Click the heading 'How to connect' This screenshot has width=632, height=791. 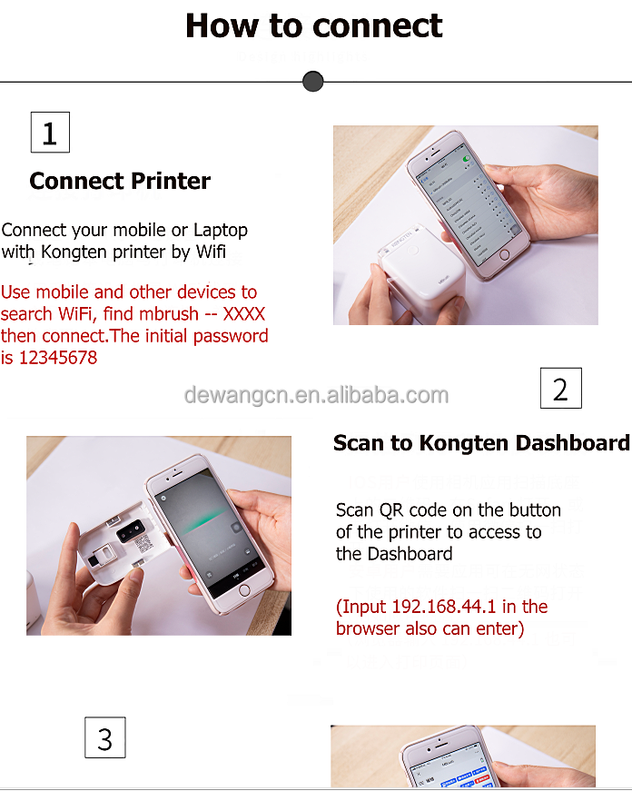pos(314,25)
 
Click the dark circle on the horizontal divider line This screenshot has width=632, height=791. pos(312,82)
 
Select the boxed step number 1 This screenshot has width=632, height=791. pos(50,133)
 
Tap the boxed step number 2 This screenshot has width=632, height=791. pos(560,389)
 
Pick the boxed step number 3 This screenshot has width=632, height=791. pos(104,737)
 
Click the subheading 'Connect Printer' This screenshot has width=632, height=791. pos(120,181)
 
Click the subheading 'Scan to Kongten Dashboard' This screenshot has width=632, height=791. pos(480,443)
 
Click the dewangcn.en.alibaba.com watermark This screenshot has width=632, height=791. pos(316,395)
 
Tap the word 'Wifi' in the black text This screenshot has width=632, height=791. pos(210,252)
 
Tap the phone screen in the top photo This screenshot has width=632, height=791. pos(467,201)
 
